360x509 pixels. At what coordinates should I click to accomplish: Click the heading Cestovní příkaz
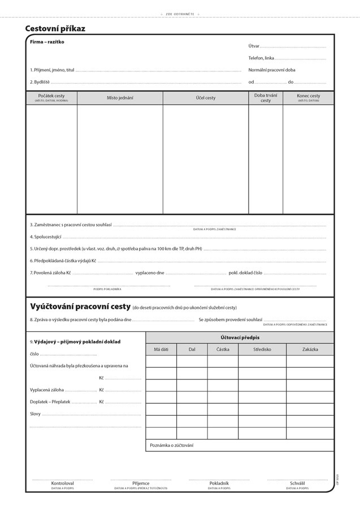pyautogui.click(x=55, y=28)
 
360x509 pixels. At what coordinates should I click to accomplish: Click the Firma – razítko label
pyautogui.click(x=47, y=42)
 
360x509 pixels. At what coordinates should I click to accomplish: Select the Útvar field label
pyautogui.click(x=254, y=46)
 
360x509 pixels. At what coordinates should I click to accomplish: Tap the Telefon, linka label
pyautogui.click(x=261, y=58)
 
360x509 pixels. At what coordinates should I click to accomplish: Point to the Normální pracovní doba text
pyautogui.click(x=272, y=70)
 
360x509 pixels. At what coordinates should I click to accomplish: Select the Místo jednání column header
pyautogui.click(x=120, y=98)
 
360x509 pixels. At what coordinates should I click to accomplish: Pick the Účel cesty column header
pyautogui.click(x=206, y=98)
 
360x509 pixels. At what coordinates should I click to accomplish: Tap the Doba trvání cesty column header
pyautogui.click(x=266, y=98)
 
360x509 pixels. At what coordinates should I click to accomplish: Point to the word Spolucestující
pyautogui.click(x=46, y=236)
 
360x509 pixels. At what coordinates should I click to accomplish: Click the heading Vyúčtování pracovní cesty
pyautogui.click(x=80, y=307)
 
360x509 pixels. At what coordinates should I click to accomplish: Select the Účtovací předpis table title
pyautogui.click(x=240, y=337)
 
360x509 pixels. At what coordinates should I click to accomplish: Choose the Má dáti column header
pyautogui.click(x=161, y=350)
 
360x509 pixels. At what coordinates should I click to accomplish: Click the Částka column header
pyautogui.click(x=223, y=350)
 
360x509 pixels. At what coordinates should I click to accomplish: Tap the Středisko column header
pyautogui.click(x=262, y=350)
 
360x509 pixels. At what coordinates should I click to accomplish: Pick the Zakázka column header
pyautogui.click(x=310, y=350)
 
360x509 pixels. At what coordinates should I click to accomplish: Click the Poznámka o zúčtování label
pyautogui.click(x=172, y=445)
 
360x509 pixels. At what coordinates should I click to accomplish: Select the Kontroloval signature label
pyautogui.click(x=62, y=484)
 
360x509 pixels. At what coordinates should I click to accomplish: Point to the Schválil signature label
pyautogui.click(x=297, y=484)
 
